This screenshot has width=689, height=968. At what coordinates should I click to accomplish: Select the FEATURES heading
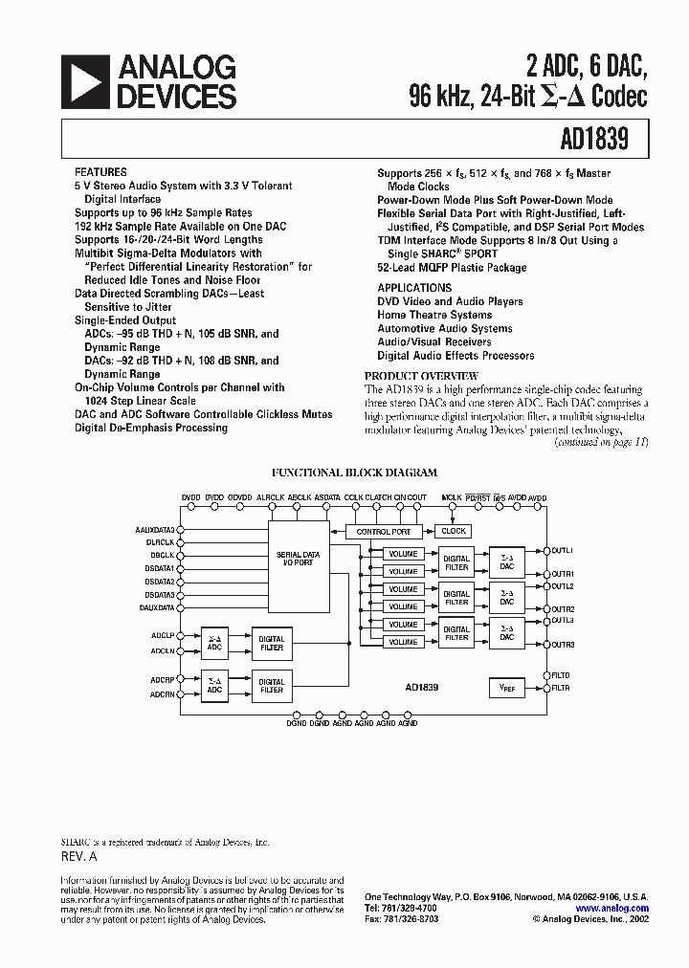coord(100,173)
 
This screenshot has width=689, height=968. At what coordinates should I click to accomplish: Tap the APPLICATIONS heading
coord(414,288)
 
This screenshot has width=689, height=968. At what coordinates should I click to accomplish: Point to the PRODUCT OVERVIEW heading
coord(421,376)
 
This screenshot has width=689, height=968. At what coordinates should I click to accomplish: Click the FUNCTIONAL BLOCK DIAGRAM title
coord(354,473)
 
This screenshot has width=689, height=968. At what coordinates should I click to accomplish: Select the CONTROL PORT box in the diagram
coord(383,531)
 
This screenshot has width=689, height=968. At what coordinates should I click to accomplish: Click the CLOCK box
coord(454,531)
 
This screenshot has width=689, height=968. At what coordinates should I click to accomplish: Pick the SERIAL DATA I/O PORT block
coord(299,559)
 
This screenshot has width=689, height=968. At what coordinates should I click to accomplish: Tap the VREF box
coord(507,687)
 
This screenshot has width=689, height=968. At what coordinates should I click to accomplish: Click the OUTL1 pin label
coord(563,551)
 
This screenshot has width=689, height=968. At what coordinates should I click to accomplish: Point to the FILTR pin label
coord(561,688)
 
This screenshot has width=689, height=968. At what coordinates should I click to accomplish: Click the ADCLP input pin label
coord(162,635)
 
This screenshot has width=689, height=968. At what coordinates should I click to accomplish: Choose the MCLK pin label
coord(452,498)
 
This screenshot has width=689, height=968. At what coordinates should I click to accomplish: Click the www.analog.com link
coord(612,909)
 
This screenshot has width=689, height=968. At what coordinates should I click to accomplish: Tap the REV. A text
coord(80,857)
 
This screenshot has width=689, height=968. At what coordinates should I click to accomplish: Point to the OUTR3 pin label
coord(563,645)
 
